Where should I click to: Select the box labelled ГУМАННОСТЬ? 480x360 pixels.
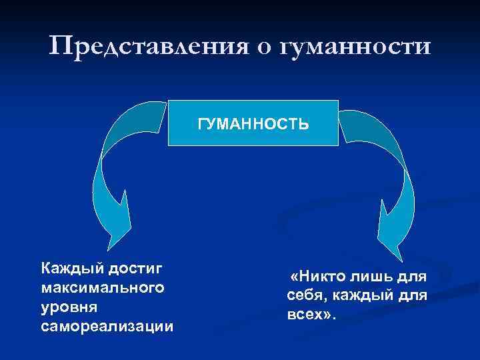pyautogui.click(x=253, y=123)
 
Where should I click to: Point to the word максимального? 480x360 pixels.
pyautogui.click(x=103, y=288)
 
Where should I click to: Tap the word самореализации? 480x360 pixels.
pyautogui.click(x=107, y=327)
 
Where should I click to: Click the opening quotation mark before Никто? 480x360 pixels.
pyautogui.click(x=295, y=275)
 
